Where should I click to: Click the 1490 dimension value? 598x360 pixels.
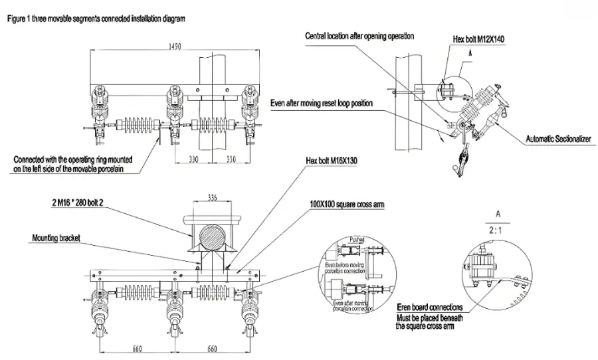(x=175, y=48)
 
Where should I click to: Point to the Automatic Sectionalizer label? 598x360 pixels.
(x=559, y=139)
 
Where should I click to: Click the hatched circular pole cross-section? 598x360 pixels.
(x=213, y=236)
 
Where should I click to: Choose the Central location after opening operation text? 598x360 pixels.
(x=359, y=36)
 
